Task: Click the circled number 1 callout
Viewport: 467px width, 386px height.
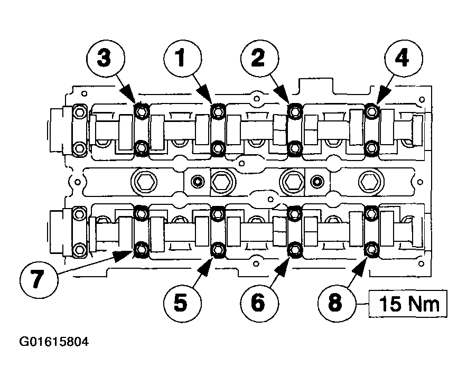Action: coord(181,59)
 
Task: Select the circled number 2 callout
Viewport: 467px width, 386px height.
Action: coord(257,59)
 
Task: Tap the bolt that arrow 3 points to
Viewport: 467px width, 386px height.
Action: coord(141,111)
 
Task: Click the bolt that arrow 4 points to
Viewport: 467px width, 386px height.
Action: coord(371,111)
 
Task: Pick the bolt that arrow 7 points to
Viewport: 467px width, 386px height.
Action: coord(141,248)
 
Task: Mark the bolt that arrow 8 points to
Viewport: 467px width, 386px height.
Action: coord(371,248)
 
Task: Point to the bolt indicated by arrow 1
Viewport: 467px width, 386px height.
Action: coord(217,111)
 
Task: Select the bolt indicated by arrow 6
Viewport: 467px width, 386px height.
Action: coord(294,248)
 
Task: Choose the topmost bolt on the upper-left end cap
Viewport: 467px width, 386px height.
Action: coord(79,112)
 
